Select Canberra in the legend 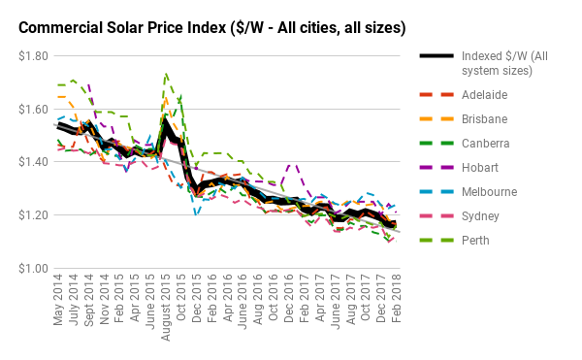488,144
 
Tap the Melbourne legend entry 491,192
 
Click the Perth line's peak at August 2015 166,73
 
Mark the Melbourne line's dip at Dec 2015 196,214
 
